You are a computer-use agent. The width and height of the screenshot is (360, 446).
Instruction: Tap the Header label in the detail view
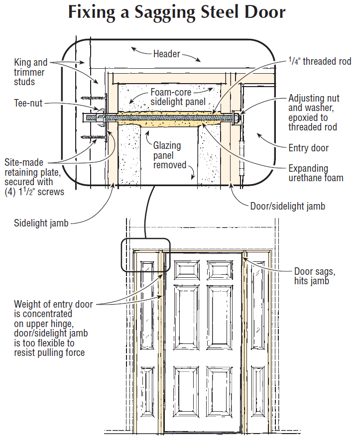[166, 54]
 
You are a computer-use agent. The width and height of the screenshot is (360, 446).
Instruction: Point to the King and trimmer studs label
[31, 72]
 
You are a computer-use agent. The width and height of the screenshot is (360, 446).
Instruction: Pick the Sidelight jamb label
[41, 223]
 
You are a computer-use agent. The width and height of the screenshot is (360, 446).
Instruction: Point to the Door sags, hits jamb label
[315, 276]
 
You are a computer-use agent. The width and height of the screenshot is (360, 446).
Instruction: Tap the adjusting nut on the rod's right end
[236, 118]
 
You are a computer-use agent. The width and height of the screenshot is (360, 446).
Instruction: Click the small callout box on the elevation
[146, 255]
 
